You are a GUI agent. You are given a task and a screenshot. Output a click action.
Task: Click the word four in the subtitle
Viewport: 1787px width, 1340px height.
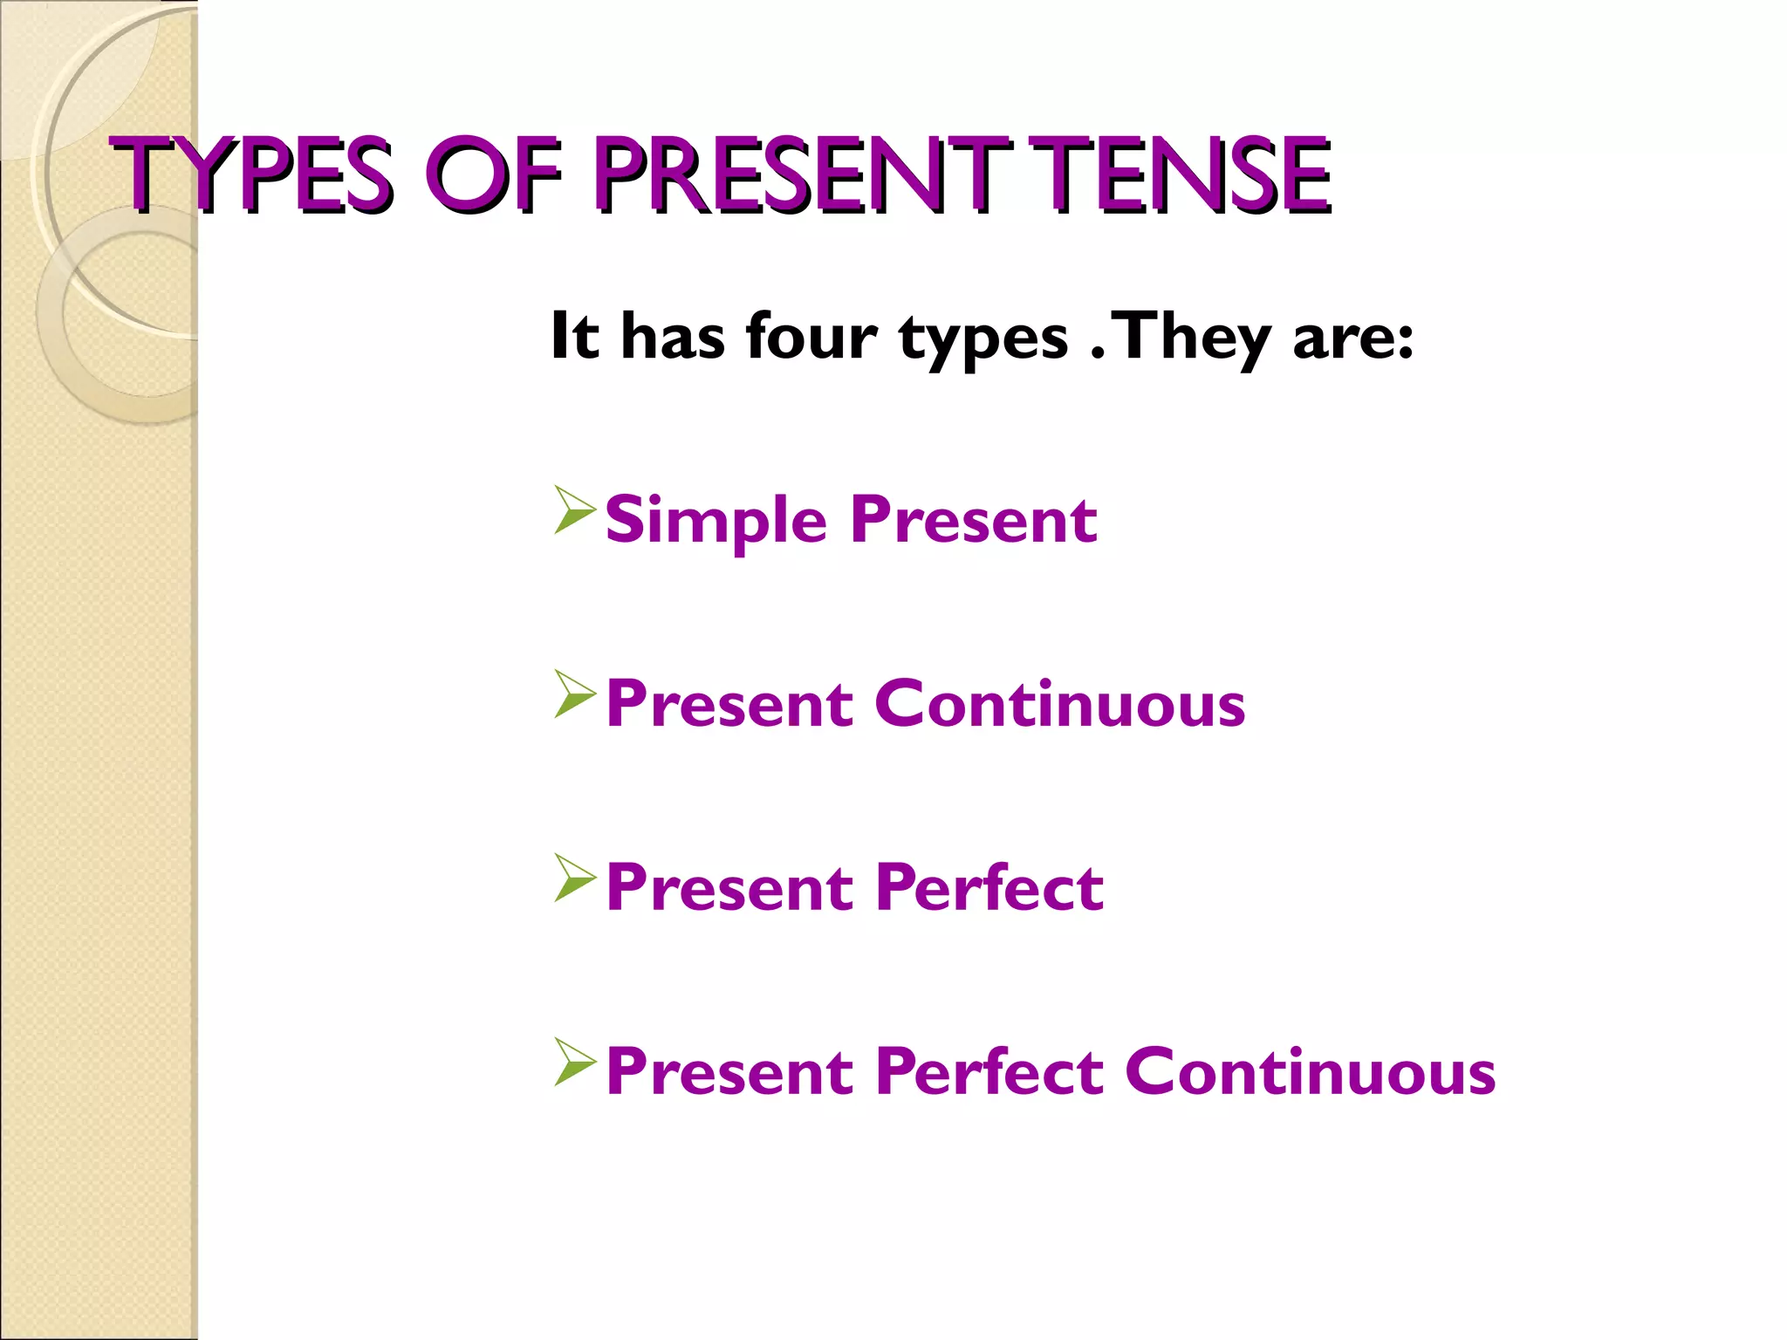[x=811, y=337]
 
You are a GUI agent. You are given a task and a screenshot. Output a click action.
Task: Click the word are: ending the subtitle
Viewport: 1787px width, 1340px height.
[x=1352, y=338]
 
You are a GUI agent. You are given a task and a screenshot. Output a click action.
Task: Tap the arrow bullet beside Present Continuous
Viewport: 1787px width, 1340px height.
[x=574, y=694]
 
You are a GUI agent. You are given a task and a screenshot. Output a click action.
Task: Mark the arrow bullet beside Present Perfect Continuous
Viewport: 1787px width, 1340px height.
[x=574, y=1063]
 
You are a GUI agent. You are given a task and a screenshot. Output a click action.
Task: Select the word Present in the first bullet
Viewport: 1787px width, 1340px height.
[x=974, y=520]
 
